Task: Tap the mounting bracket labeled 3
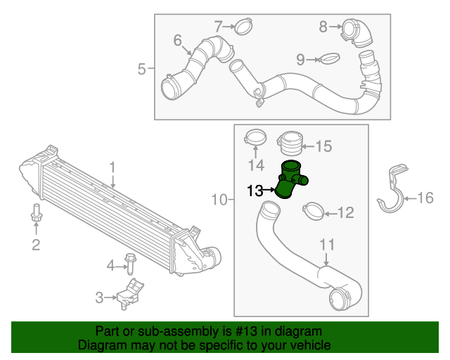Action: [x=127, y=292]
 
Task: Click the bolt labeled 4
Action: [x=130, y=263]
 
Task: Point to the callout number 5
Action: [x=141, y=69]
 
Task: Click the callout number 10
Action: [x=219, y=200]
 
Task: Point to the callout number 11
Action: [x=327, y=245]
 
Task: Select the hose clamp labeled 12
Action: [x=313, y=210]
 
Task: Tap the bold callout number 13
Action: [x=255, y=190]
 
